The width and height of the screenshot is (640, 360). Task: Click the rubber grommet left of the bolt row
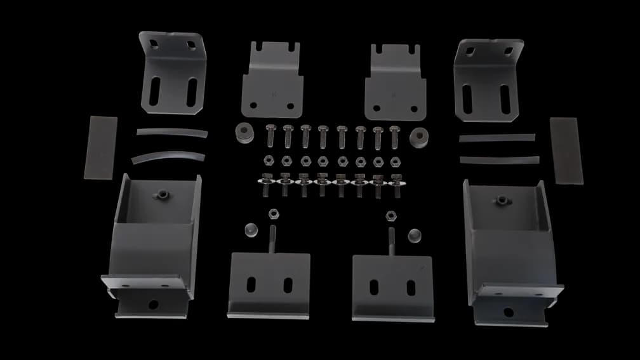coord(244,132)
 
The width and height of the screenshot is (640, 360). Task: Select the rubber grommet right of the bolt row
coord(418,136)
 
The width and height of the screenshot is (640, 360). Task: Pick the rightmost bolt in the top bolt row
coord(395,134)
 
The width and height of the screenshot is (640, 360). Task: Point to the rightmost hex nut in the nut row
coord(396,159)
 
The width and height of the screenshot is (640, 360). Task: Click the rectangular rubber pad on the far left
coord(101,147)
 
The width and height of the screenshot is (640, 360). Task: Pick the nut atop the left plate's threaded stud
coord(274,212)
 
